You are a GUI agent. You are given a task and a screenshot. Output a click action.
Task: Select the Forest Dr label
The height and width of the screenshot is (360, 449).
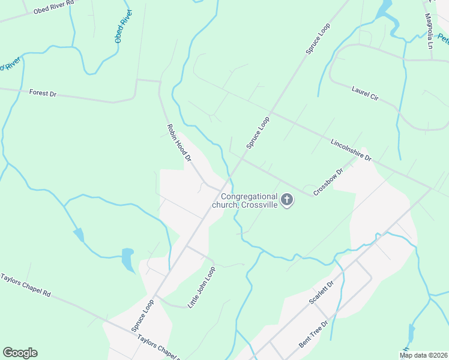[43, 94]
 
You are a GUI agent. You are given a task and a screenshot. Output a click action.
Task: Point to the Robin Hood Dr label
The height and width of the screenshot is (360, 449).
[178, 143]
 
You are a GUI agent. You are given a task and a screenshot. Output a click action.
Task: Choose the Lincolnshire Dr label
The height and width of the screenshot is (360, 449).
[351, 150]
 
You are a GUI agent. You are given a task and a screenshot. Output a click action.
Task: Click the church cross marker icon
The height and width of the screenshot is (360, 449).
[287, 200]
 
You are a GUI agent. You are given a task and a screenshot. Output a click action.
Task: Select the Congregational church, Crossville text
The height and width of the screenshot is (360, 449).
[246, 200]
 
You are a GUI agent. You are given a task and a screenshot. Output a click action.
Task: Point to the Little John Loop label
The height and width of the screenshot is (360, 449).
[201, 287]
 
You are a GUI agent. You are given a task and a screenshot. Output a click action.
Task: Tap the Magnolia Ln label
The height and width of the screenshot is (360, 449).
[429, 31]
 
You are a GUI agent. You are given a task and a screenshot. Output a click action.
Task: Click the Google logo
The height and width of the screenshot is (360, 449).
[20, 353]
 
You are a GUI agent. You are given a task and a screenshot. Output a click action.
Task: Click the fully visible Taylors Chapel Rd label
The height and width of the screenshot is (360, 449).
[26, 287]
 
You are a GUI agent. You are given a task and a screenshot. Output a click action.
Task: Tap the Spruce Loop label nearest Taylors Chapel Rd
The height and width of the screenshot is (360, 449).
[143, 316]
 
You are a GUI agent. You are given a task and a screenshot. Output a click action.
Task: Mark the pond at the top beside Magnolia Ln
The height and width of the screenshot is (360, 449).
[383, 8]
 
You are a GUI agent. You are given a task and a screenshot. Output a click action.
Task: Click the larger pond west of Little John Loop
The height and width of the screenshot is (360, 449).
[128, 259]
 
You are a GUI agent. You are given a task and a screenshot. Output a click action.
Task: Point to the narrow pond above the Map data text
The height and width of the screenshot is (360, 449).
[411, 334]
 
